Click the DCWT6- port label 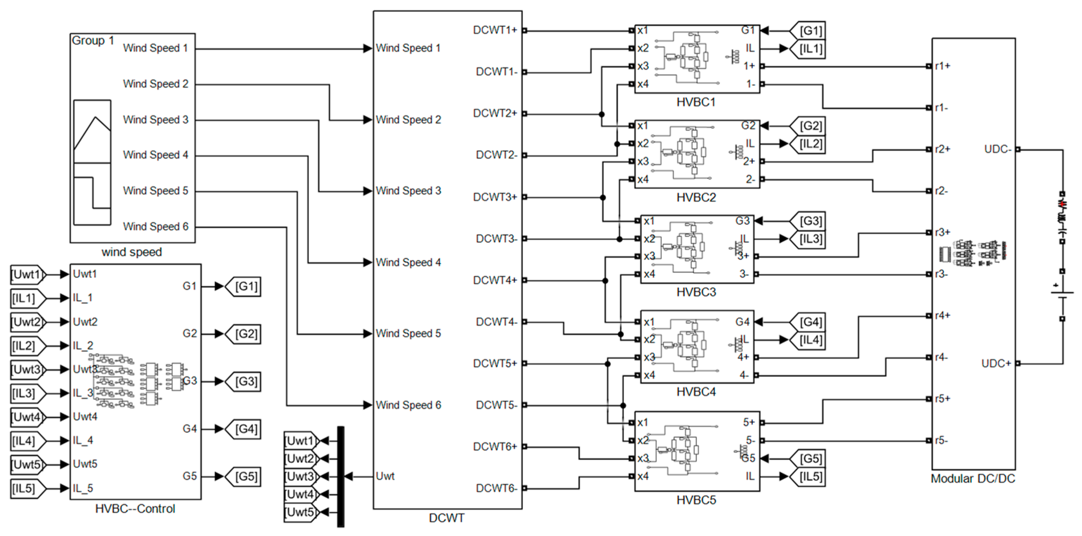(x=496, y=488)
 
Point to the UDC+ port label (x=995, y=363)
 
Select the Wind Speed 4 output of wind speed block (x=155, y=155)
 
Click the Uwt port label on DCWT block (x=385, y=476)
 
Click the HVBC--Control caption (x=135, y=509)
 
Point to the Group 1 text (x=93, y=41)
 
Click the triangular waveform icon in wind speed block (x=92, y=131)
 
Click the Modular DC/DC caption (x=972, y=479)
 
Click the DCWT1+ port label (x=494, y=30)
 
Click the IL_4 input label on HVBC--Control (x=83, y=441)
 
